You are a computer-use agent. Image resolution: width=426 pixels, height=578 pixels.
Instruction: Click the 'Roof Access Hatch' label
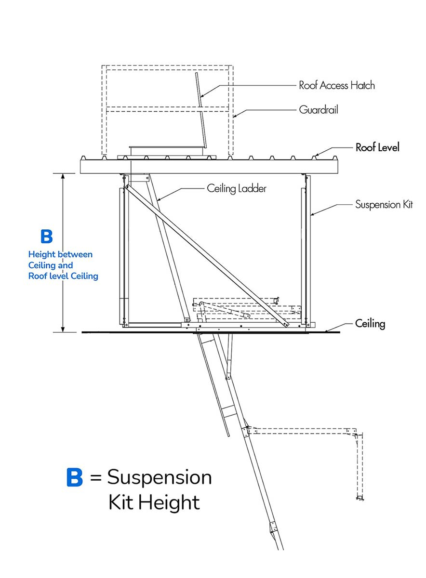[x=336, y=85]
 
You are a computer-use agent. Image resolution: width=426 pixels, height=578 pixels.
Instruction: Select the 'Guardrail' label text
[x=319, y=110]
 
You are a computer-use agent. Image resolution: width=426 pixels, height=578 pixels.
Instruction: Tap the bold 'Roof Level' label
[x=377, y=147]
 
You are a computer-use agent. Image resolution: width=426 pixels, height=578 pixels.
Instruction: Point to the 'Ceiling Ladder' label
[x=237, y=188]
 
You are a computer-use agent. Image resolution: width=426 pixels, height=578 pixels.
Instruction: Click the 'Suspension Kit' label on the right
[x=384, y=204]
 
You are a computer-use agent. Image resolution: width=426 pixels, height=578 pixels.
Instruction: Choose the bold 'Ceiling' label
[x=370, y=323]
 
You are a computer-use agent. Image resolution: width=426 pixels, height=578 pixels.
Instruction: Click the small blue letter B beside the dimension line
[x=47, y=236]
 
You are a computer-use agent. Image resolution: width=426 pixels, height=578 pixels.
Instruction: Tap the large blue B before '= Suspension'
[x=74, y=477]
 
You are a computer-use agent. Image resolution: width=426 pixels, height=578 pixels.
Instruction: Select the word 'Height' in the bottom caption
[x=168, y=502]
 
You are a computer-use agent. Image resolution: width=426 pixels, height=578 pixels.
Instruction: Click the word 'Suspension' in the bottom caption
[x=159, y=477]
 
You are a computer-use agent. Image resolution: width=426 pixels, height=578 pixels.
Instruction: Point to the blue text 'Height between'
[x=60, y=254]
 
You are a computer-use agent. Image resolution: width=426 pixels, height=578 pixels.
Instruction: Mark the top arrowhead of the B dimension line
[x=63, y=176]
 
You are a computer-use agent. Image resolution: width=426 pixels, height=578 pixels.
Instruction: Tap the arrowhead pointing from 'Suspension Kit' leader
[x=312, y=215]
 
